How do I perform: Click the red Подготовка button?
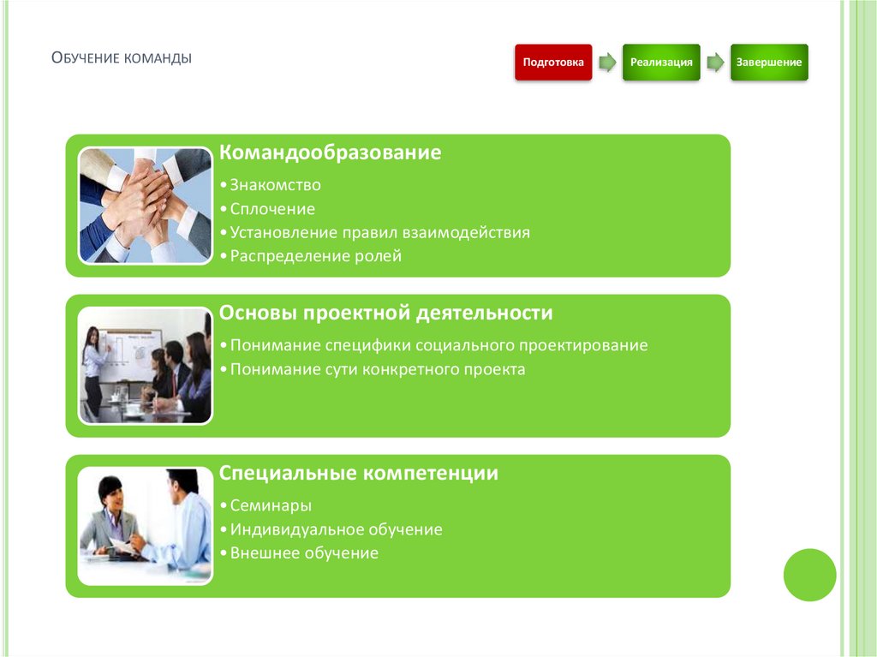pos(553,63)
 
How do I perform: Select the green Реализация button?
pos(661,63)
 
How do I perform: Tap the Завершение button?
pos(769,63)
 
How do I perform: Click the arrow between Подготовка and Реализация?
pos(607,63)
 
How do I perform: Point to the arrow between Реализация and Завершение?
pos(715,63)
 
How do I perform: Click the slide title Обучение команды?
pos(121,58)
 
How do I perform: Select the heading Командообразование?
pos(331,153)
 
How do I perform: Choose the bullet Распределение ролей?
pos(314,256)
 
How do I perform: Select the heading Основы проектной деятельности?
pos(386,313)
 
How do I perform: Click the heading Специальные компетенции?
pos(359,473)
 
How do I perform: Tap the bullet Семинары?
pos(270,505)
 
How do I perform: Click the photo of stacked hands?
pos(145,205)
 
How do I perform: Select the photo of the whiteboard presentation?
pos(145,365)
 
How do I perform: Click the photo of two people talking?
pos(145,524)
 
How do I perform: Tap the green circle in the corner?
pos(809,575)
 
